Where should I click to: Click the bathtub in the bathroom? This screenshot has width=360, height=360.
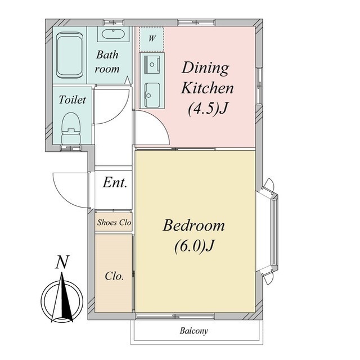(x=70, y=55)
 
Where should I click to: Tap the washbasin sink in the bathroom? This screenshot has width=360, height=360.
(x=113, y=34)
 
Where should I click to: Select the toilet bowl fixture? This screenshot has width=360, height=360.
(x=71, y=129)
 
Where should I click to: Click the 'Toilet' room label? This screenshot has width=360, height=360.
(x=72, y=100)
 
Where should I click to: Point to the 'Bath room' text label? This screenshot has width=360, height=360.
(x=107, y=62)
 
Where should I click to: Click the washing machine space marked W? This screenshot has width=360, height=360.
(x=151, y=39)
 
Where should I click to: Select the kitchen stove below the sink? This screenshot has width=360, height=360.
(x=152, y=95)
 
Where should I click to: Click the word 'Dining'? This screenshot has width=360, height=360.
(x=205, y=68)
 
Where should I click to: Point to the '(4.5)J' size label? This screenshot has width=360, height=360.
(x=208, y=109)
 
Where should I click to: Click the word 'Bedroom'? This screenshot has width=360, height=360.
(x=193, y=225)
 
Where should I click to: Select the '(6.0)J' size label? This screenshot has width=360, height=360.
(x=194, y=246)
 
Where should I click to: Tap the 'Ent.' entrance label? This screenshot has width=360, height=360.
(x=115, y=183)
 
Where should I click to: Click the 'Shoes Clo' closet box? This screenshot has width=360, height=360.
(x=114, y=222)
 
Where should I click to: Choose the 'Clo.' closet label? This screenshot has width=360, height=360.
(x=114, y=276)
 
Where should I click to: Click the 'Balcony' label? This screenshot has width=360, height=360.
(x=194, y=331)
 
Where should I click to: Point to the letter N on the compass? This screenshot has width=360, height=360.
(x=62, y=262)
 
